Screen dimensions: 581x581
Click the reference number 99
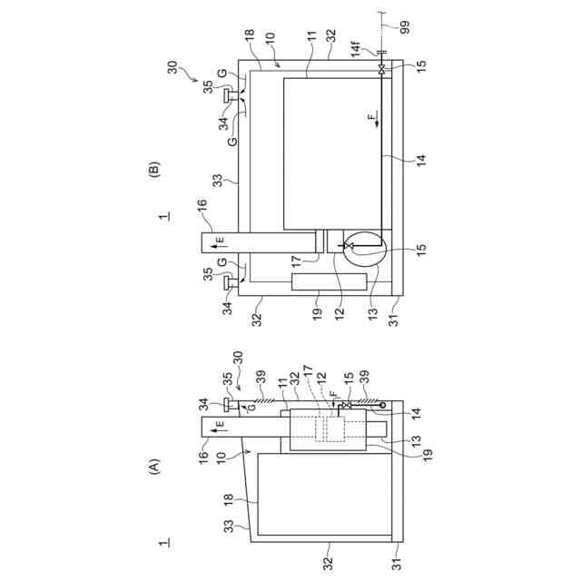click(x=405, y=27)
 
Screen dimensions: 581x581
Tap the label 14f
click(x=356, y=50)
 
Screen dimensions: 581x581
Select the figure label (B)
click(x=153, y=170)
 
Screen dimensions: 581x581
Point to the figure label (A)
click(x=153, y=468)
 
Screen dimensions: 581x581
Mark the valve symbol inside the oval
click(x=349, y=246)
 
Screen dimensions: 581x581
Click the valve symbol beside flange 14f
click(x=381, y=69)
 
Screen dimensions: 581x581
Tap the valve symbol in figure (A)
click(x=347, y=405)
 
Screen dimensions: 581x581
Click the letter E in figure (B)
click(x=220, y=240)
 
